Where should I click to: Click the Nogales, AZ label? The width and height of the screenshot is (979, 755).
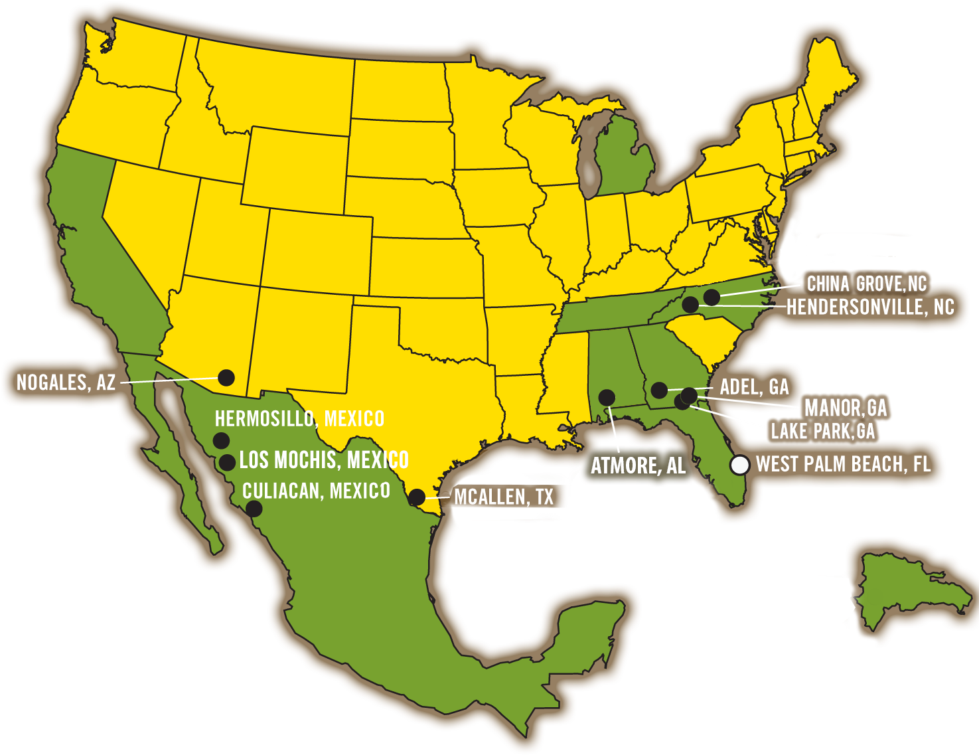[66, 382]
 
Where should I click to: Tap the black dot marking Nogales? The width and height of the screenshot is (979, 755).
[226, 377]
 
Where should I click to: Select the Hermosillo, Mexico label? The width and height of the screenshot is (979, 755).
[299, 418]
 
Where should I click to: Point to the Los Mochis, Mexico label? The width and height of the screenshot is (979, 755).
[324, 460]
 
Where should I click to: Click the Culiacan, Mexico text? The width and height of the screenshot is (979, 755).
[316, 491]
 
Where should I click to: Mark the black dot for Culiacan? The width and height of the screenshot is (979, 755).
[254, 509]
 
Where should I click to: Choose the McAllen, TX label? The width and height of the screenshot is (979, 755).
[503, 497]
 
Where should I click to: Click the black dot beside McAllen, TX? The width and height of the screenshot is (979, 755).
[417, 497]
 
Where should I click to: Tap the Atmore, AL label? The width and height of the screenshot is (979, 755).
[638, 465]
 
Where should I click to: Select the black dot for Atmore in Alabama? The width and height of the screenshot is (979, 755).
[607, 397]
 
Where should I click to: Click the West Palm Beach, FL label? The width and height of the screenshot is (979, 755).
[843, 463]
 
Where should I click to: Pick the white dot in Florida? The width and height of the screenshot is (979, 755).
[739, 465]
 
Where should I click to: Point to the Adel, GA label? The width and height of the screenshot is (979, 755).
[754, 386]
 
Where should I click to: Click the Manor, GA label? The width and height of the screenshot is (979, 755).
[846, 407]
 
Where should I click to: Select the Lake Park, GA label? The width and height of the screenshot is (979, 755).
[822, 431]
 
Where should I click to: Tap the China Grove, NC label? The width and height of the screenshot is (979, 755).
[866, 284]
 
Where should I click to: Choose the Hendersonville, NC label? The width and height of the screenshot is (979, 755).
[870, 307]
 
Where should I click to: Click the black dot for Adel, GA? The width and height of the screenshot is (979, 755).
[659, 390]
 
